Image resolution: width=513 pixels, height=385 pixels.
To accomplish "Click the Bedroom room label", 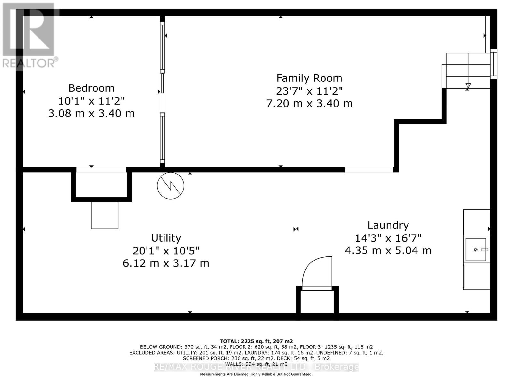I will point(91,88).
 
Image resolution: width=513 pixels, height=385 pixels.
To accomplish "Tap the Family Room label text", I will point(309,78).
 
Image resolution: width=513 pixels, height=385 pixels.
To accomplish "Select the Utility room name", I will point(166,238).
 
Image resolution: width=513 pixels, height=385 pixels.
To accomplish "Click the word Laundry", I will point(388,225).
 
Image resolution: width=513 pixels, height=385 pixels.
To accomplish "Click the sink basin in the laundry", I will point(476,249).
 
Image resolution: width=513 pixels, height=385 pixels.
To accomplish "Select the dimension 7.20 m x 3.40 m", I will point(309,103).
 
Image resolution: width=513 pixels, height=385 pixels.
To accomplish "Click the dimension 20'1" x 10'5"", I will point(166,251).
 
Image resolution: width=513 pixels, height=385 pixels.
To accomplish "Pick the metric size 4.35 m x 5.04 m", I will point(388,250).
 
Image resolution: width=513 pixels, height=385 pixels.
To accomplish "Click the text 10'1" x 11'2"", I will point(91,101).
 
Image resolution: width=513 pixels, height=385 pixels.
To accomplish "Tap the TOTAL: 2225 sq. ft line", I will point(256,341).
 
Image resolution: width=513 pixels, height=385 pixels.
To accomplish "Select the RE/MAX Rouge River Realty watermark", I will point(256,367).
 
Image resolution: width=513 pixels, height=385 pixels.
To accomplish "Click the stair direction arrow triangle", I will point(468,86).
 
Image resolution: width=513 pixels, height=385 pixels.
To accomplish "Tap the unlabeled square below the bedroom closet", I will point(105,215).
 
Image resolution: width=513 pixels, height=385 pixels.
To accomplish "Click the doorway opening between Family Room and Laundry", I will point(369,170).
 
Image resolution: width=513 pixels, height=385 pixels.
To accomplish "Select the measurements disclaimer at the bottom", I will point(256,374).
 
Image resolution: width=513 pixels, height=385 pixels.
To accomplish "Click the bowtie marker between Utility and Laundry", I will point(296,229).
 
